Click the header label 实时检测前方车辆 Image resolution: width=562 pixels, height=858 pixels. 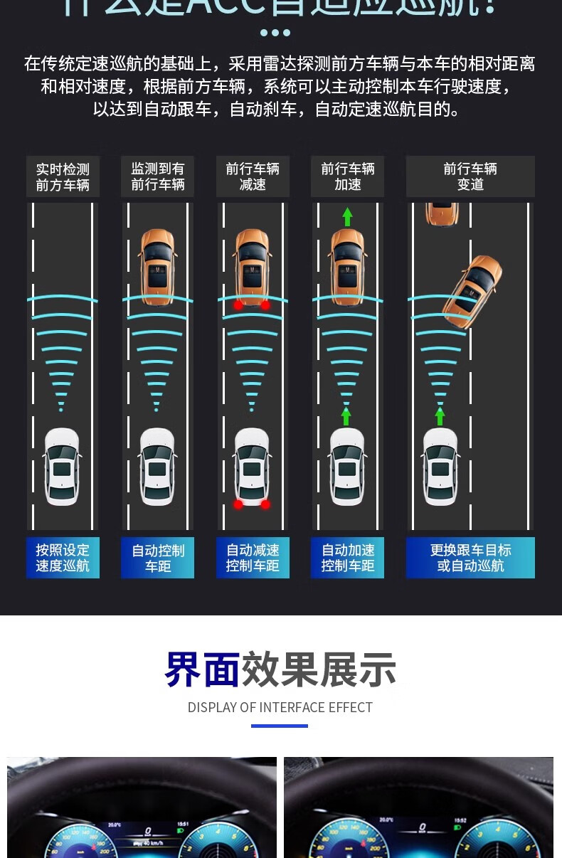63,177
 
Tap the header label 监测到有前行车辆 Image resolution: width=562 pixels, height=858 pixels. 157,177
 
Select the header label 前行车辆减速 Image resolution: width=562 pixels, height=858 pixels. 253,177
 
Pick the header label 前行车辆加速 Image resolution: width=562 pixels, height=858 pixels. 347,177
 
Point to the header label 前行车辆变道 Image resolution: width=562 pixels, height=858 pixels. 470,177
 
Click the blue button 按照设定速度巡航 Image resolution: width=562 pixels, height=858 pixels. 63,558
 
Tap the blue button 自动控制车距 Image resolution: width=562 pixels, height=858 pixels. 157,558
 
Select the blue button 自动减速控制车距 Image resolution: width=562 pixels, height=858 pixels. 253,558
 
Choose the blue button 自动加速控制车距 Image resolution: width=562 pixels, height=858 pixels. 347,558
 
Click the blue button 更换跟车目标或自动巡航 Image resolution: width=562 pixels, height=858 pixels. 470,558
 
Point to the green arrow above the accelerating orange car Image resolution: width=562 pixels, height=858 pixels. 347,216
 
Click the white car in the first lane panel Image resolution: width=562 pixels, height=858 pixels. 62,467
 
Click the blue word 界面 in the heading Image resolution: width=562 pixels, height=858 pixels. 202,669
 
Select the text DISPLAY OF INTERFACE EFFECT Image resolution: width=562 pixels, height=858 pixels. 280,708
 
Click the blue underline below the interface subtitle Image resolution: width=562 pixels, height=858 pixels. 280,726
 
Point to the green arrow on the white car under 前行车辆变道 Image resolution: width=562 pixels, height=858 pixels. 440,415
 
